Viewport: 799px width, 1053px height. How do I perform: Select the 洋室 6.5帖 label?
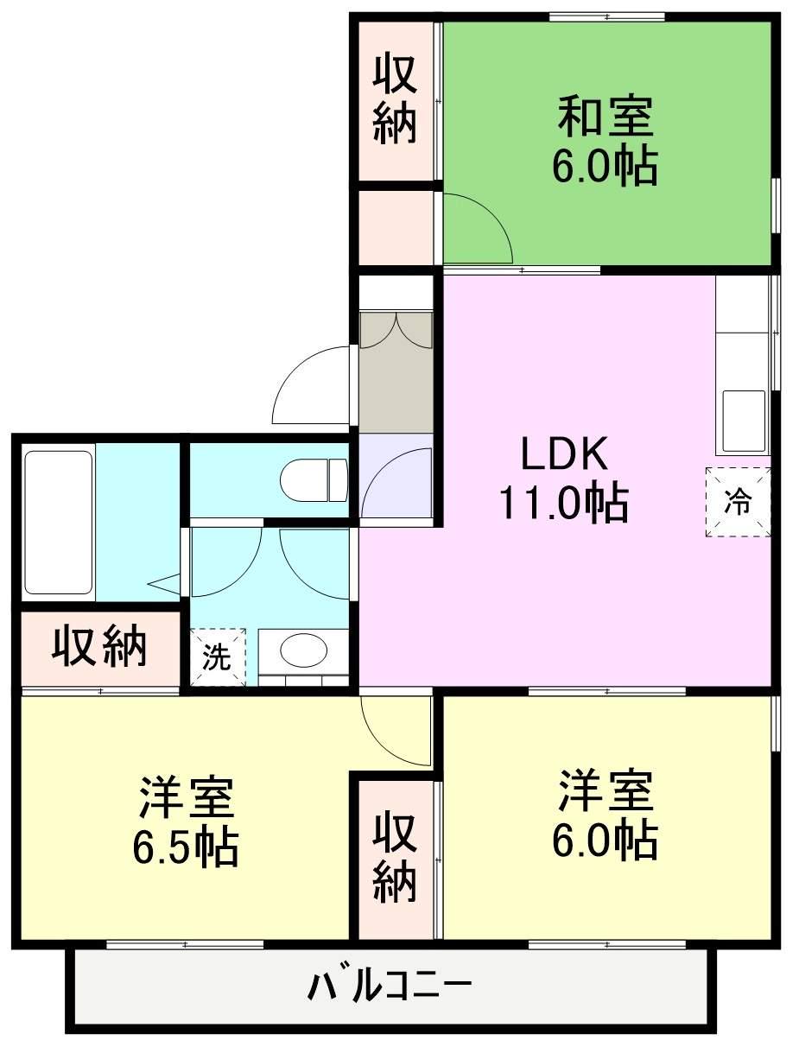pos(186,821)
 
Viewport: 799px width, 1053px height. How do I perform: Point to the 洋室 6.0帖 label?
pos(605,814)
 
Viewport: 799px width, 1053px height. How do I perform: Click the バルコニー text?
pos(390,985)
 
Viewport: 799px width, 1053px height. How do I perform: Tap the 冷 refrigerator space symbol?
pos(738,502)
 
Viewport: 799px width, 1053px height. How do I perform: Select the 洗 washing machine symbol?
pos(217,657)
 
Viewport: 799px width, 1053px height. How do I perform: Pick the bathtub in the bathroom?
pos(59,522)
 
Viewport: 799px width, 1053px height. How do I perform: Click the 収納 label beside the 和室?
pos(396,99)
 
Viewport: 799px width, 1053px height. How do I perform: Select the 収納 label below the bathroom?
pos(98,647)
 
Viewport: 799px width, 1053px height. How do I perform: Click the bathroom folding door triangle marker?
pos(164,583)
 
